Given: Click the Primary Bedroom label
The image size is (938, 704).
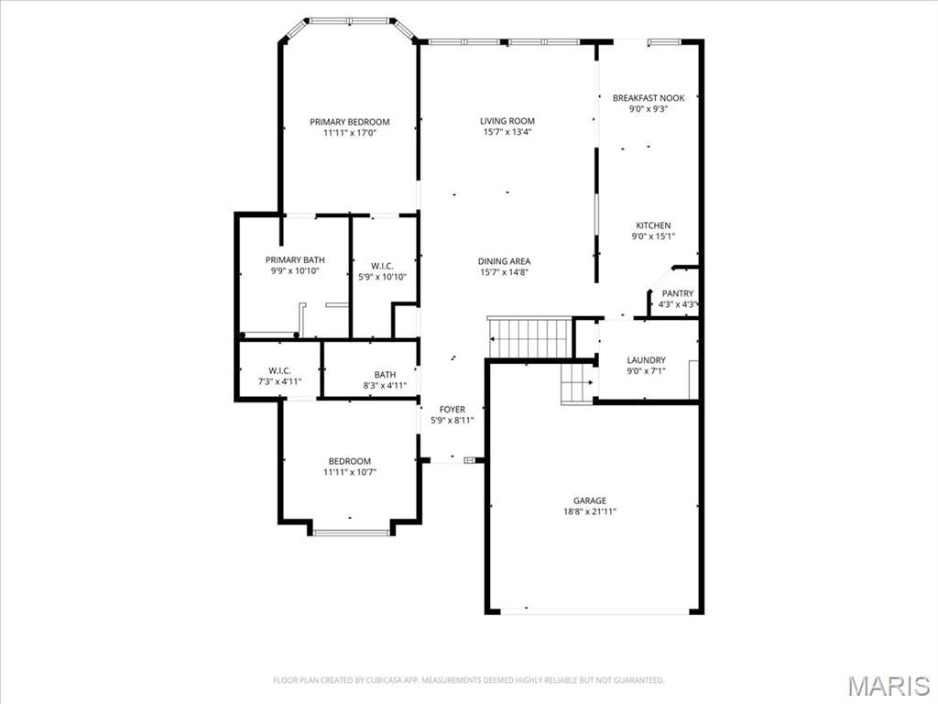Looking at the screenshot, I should click(349, 122).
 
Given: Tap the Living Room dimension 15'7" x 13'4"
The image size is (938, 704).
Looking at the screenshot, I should click(507, 132).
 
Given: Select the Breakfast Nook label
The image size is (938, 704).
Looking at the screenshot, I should click(648, 98).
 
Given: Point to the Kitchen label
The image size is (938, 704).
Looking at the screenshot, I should click(653, 225).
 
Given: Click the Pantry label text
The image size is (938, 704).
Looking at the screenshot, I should click(677, 293).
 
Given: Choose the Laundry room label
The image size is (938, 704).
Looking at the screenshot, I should click(646, 360).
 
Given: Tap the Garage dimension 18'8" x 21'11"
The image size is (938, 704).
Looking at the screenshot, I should click(590, 511).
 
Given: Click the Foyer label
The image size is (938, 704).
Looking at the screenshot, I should click(452, 409).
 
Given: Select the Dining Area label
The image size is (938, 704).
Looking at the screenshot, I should click(504, 261).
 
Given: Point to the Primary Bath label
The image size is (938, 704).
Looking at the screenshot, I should click(295, 259).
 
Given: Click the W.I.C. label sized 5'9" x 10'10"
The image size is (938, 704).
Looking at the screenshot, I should click(382, 266).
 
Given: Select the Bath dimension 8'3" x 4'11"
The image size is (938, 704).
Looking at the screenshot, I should click(385, 385).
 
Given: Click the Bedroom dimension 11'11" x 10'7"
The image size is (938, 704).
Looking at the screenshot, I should click(350, 472).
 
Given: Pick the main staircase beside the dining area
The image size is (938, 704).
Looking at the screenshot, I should click(530, 337).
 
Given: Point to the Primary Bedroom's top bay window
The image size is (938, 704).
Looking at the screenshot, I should click(349, 20).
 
